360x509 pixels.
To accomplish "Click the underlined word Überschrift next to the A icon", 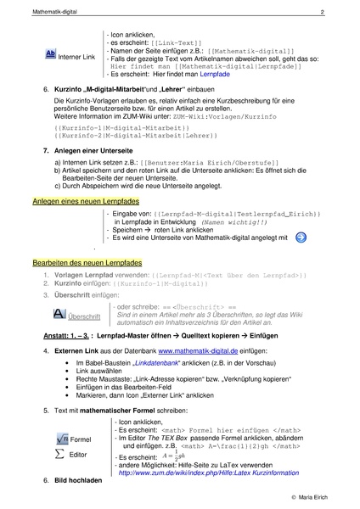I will pyautogui.click(x=83, y=316).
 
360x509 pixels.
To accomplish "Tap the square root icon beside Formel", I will pyautogui.click(x=58, y=438).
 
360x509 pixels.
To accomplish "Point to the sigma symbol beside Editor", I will pyautogui.click(x=58, y=453).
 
